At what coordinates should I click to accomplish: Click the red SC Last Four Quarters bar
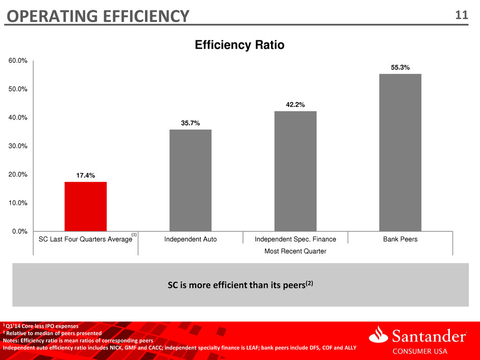[x=85, y=206]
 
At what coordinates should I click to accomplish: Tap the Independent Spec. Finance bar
[x=295, y=171]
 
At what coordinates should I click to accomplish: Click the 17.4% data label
[x=85, y=175]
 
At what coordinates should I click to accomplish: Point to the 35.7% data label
[x=190, y=123]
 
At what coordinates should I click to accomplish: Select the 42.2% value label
[x=295, y=105]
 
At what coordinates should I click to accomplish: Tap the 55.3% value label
[x=400, y=67]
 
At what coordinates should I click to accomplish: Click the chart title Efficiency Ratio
[x=239, y=45]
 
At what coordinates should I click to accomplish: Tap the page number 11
[x=462, y=16]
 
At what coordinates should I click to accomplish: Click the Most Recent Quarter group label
[x=295, y=251]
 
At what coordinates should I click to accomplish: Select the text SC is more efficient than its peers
[x=239, y=284]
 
